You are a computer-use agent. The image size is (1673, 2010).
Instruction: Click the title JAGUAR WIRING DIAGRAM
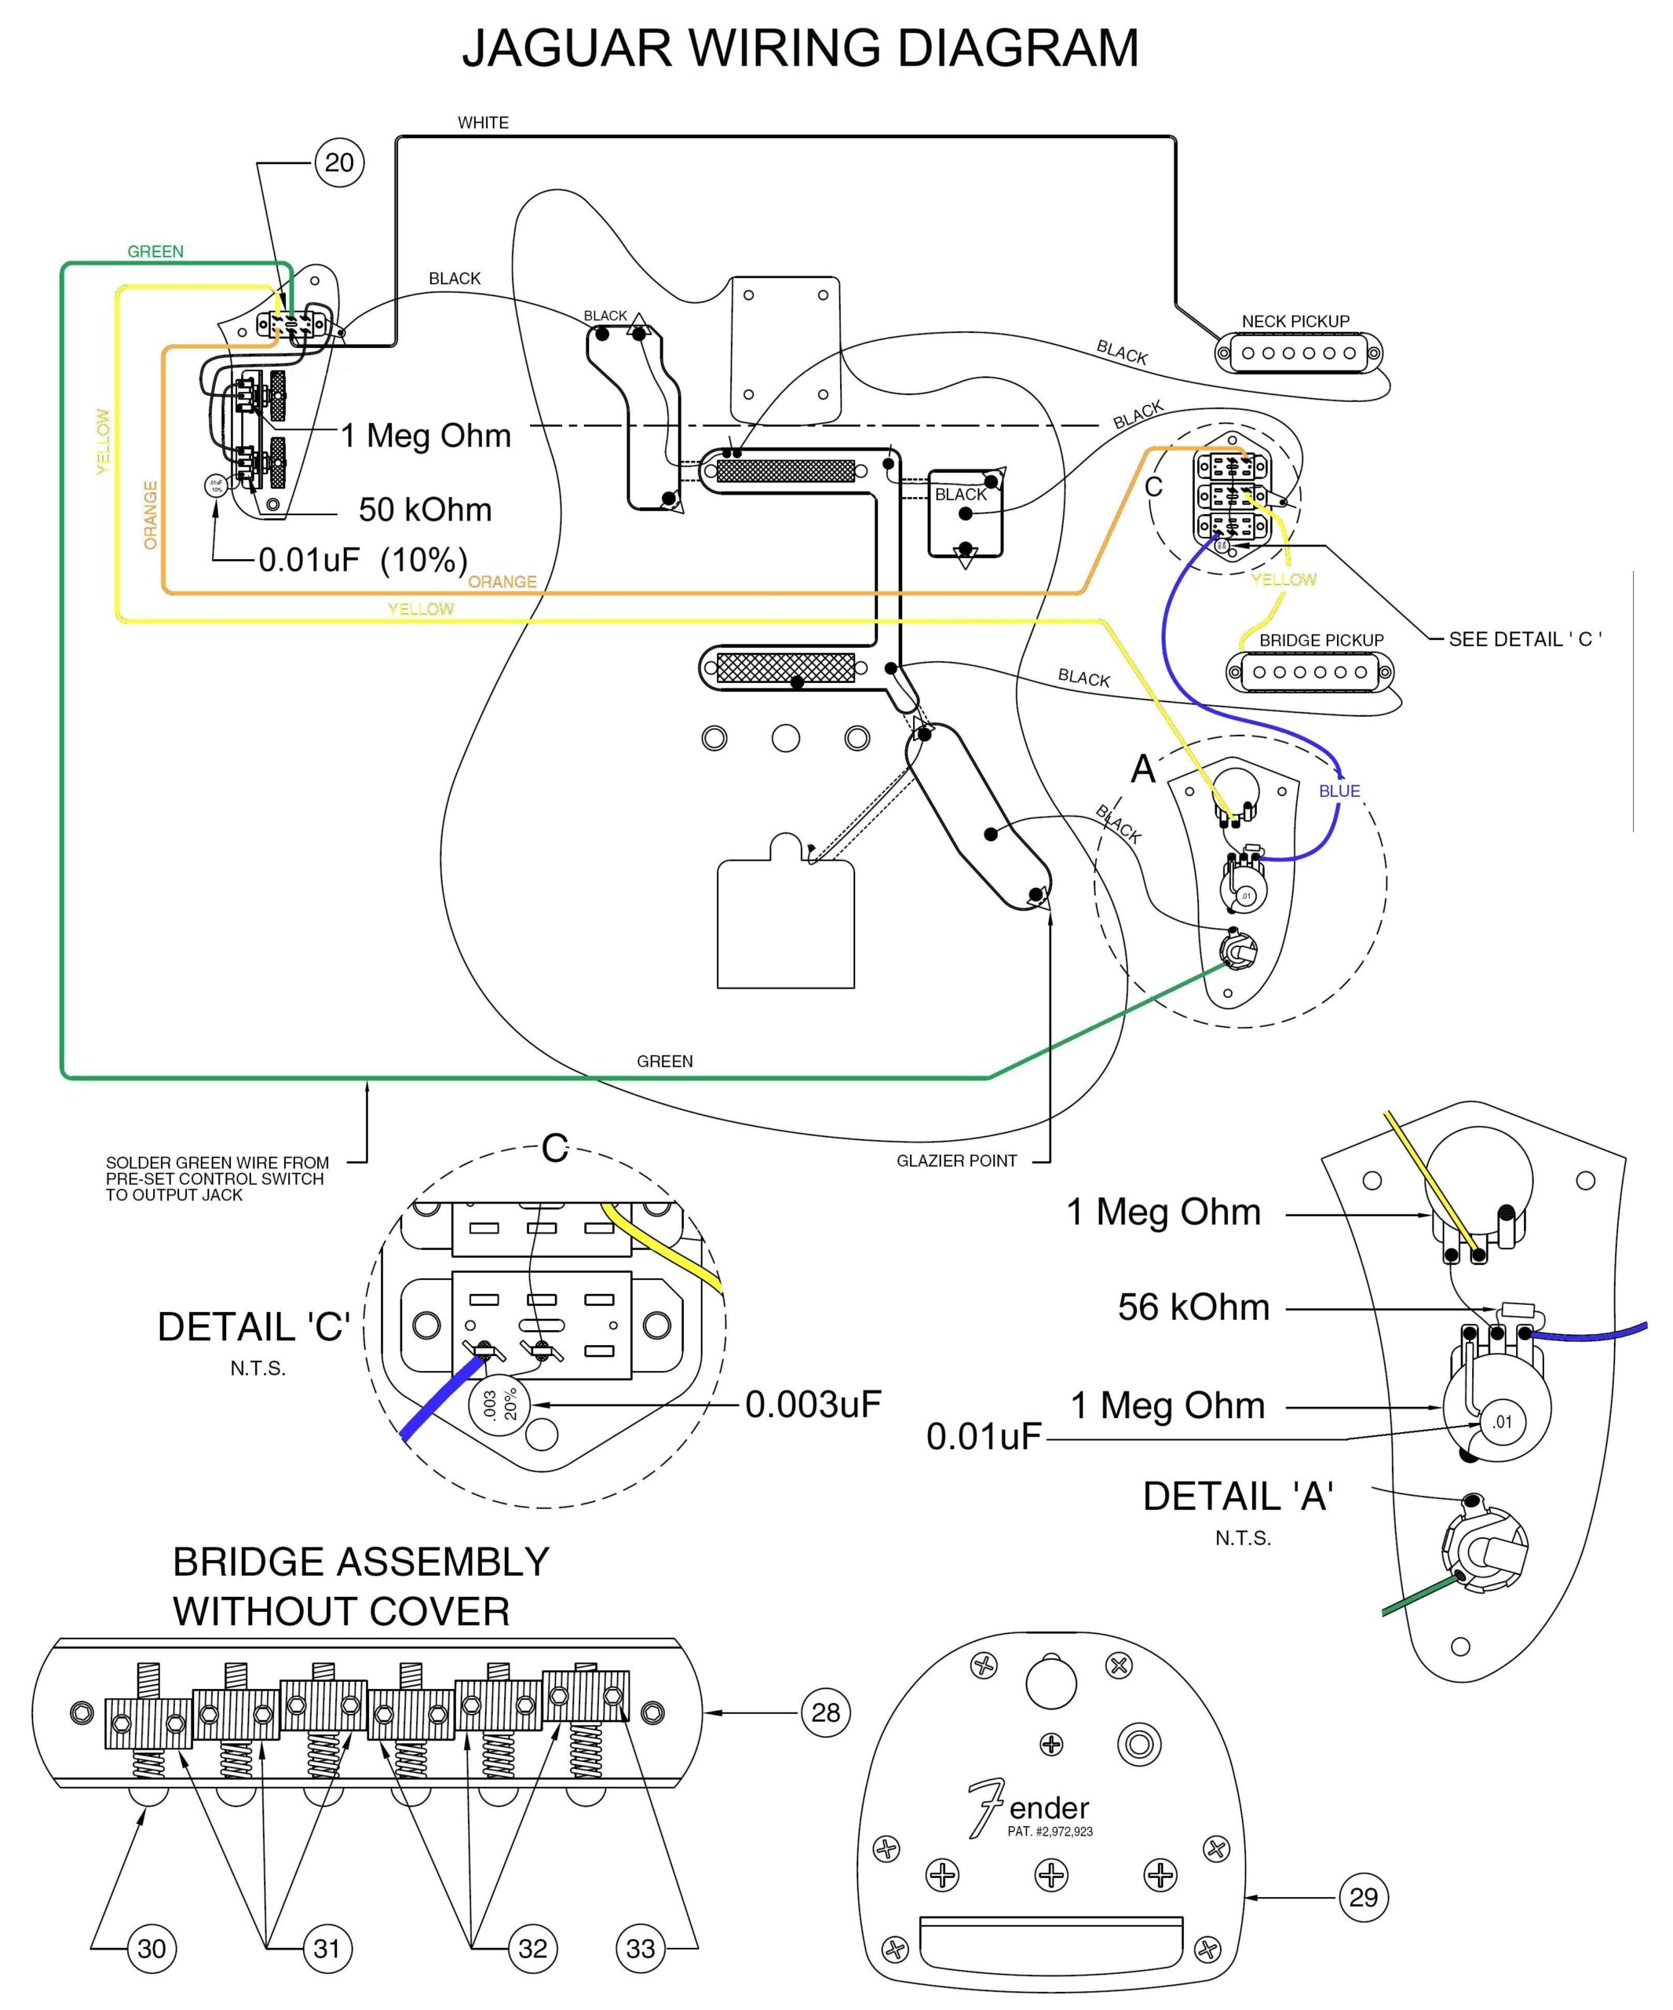pyautogui.click(x=800, y=48)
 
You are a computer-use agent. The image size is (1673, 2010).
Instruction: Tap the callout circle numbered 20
pyautogui.click(x=339, y=163)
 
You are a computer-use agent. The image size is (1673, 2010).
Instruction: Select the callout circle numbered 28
pyautogui.click(x=825, y=1712)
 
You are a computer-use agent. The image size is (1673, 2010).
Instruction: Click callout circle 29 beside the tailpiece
pyautogui.click(x=1363, y=1897)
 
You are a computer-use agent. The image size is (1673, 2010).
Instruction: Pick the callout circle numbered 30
pyautogui.click(x=152, y=1949)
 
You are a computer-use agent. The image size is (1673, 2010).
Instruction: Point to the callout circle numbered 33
pyautogui.click(x=641, y=1949)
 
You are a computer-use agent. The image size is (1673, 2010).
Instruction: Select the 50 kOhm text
pyautogui.click(x=425, y=510)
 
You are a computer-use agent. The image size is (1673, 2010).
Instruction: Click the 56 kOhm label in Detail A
pyautogui.click(x=1193, y=1307)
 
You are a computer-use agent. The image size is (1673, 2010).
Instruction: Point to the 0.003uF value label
pyautogui.click(x=813, y=1404)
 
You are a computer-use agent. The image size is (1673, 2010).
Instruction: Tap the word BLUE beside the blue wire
pyautogui.click(x=1339, y=791)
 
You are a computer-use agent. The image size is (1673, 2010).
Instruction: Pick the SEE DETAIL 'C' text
pyautogui.click(x=1525, y=639)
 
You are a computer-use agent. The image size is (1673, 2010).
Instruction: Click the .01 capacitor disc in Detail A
pyautogui.click(x=1503, y=1421)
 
